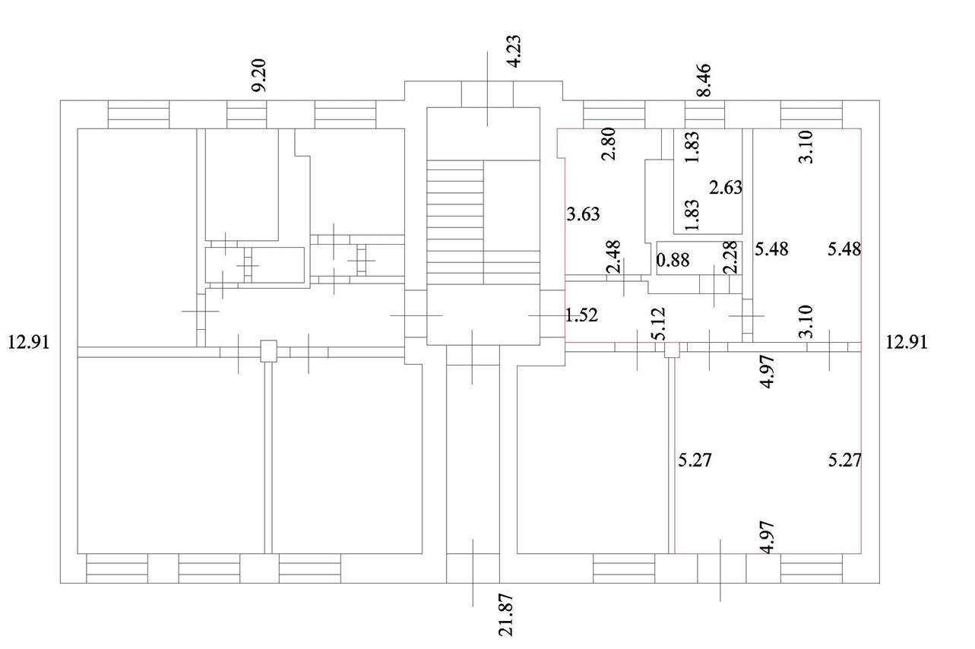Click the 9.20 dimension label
(x=259, y=75)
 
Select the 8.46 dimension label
(x=704, y=80)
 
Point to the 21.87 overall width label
(x=506, y=615)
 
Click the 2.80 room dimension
(x=609, y=144)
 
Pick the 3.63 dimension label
(x=584, y=214)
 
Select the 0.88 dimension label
(x=673, y=261)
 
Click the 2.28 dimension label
(x=730, y=258)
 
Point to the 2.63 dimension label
(x=726, y=188)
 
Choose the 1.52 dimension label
(x=581, y=315)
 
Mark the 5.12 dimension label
(x=659, y=324)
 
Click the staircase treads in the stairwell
(x=455, y=222)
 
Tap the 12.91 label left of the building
(x=29, y=343)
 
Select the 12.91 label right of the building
(x=907, y=343)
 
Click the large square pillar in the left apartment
(x=268, y=351)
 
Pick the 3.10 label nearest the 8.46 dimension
(x=806, y=147)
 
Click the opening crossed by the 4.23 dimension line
(x=487, y=94)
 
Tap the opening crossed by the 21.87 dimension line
(x=473, y=568)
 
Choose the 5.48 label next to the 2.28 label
(x=771, y=249)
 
